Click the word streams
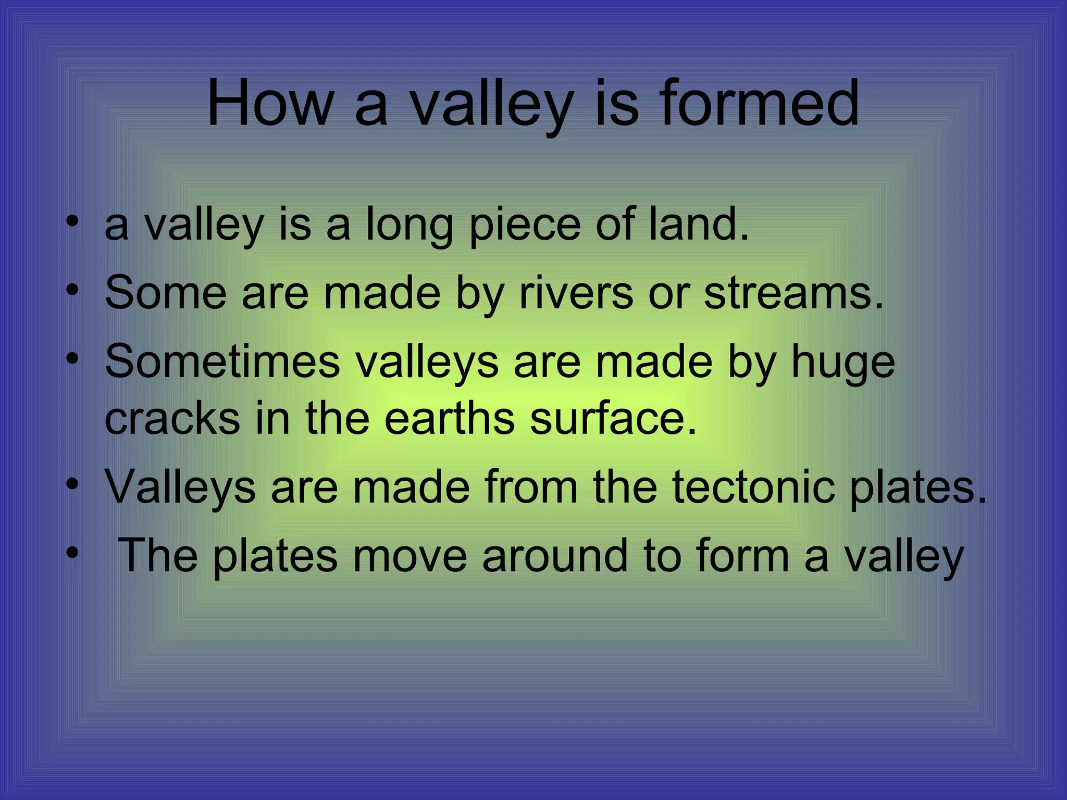pos(793,293)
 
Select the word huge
pos(843,364)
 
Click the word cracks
pos(172,419)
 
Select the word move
pos(410,556)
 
